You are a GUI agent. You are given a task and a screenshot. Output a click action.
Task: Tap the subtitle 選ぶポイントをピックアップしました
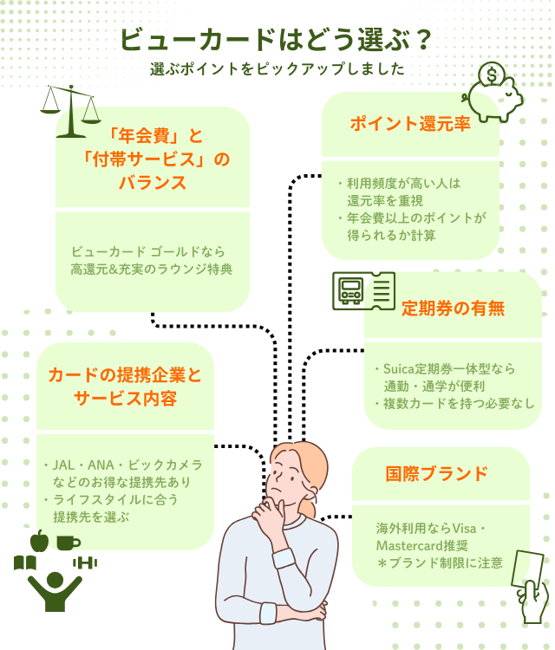coord(277,69)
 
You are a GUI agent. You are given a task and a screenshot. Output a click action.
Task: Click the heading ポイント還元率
coord(410,124)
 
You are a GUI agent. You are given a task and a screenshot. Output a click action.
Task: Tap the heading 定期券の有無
coord(452,309)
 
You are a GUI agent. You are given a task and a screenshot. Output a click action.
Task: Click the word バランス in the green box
coord(153,183)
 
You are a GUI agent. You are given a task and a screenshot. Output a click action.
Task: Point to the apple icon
coord(38,541)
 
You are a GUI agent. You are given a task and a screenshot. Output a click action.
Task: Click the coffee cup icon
coord(69,543)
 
